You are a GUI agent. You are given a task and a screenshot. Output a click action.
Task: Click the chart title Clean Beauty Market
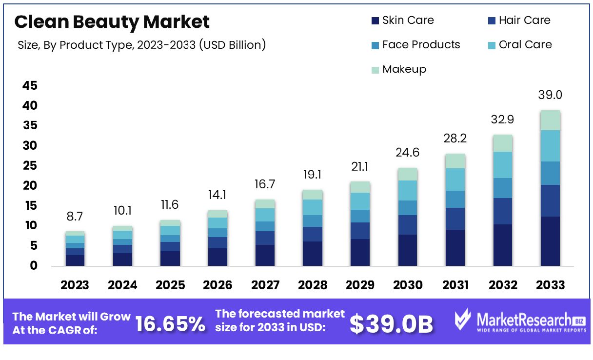pyautogui.click(x=112, y=22)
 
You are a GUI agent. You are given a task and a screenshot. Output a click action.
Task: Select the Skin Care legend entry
pyautogui.click(x=402, y=20)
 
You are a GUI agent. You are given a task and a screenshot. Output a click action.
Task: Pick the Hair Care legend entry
pyautogui.click(x=519, y=20)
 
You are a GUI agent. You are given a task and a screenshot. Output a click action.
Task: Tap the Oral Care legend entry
pyautogui.click(x=520, y=45)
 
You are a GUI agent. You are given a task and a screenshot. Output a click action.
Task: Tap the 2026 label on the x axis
pyautogui.click(x=217, y=285)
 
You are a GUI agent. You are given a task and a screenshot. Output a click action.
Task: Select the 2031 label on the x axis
pyautogui.click(x=455, y=285)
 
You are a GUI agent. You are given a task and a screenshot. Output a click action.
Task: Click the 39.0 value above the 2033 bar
pyautogui.click(x=550, y=95)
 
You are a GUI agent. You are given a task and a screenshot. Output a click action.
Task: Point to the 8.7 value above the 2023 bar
pyautogui.click(x=75, y=216)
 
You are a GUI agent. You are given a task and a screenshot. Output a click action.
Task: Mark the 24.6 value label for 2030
pyautogui.click(x=407, y=153)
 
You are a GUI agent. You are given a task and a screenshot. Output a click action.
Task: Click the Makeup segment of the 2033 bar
pyautogui.click(x=550, y=120)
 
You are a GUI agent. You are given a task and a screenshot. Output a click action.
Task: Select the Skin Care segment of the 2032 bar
pyautogui.click(x=503, y=245)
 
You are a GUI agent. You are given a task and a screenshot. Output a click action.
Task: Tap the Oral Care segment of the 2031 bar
pyautogui.click(x=455, y=180)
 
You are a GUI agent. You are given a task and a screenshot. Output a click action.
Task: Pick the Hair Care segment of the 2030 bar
pyautogui.click(x=407, y=225)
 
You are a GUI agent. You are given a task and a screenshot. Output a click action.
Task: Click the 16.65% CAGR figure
pyautogui.click(x=170, y=324)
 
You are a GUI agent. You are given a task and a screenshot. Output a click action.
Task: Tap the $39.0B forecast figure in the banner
pyautogui.click(x=391, y=324)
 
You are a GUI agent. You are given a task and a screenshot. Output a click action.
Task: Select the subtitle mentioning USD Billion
pyautogui.click(x=142, y=45)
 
